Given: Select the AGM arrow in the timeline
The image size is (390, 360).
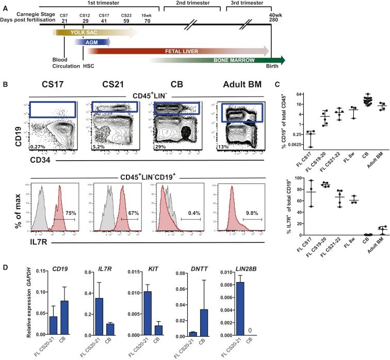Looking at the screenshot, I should pos(93,42).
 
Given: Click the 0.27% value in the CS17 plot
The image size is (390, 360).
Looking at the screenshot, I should pos(36,147).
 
